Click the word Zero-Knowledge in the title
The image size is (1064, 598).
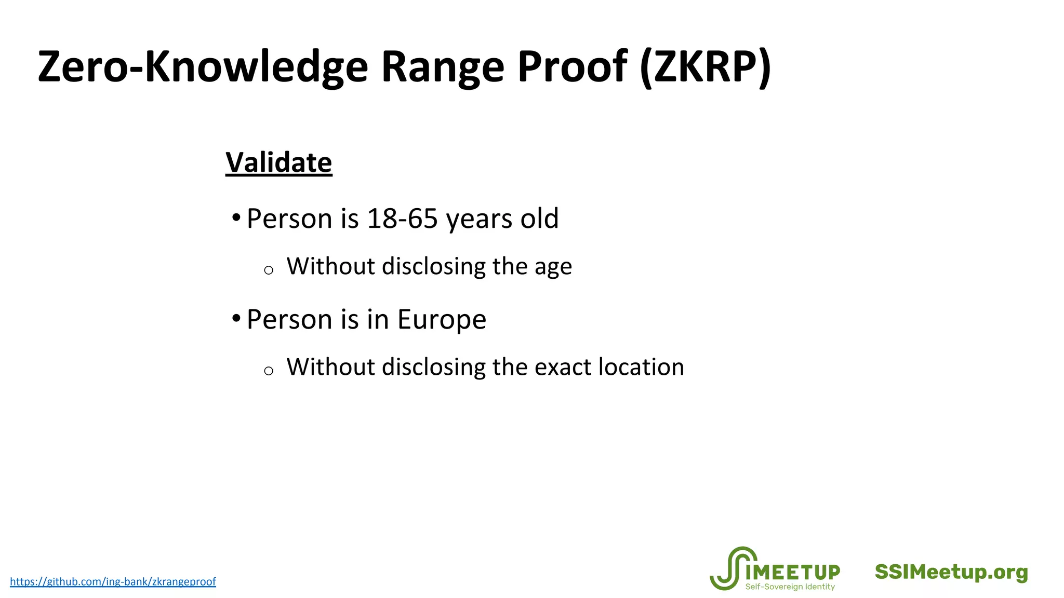point(203,67)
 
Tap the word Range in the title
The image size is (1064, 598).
point(443,67)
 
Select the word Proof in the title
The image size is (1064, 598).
point(573,67)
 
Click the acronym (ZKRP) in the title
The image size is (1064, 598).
point(706,67)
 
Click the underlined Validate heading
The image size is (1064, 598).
point(278,162)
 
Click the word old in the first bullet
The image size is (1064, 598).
point(539,219)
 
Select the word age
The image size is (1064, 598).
point(553,267)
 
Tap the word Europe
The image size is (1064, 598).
point(442,319)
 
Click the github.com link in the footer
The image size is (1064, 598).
point(113,581)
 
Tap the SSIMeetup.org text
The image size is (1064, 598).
point(951,572)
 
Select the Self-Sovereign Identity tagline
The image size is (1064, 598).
point(790,587)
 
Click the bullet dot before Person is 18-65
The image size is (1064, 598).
point(236,217)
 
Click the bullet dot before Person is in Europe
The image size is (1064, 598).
point(236,318)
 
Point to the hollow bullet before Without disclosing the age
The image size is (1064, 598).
point(269,270)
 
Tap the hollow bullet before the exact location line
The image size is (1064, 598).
point(269,371)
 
